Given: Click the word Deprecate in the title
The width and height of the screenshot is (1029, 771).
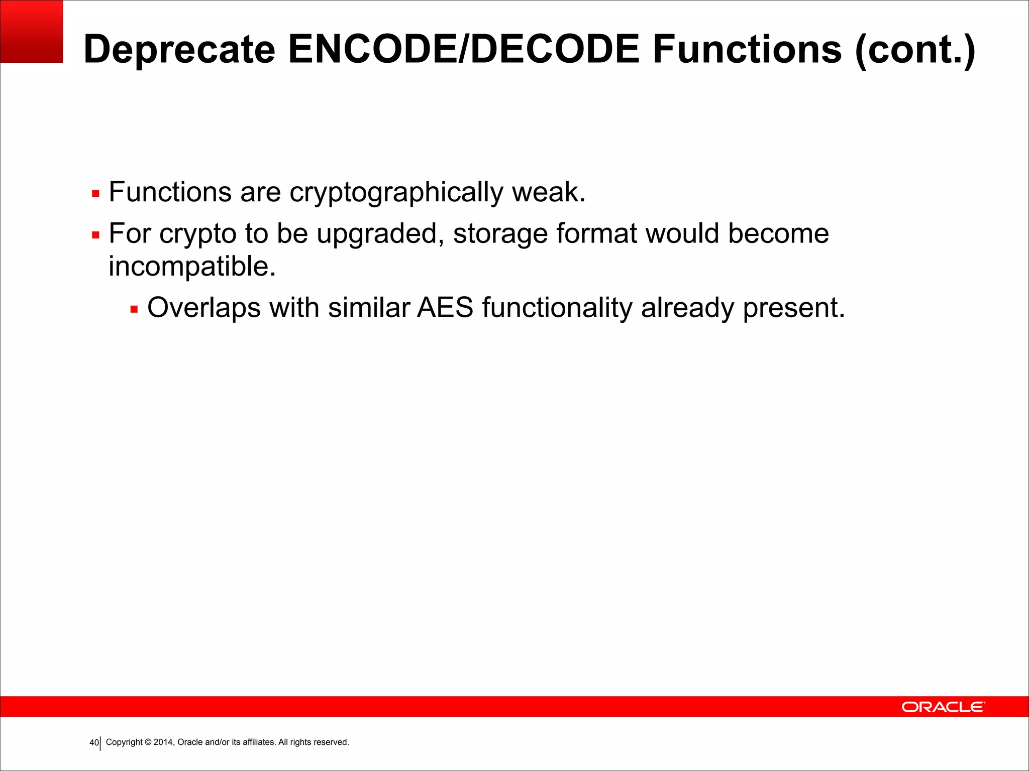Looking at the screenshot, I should (179, 50).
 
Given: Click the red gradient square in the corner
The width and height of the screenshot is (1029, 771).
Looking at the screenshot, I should (31, 31).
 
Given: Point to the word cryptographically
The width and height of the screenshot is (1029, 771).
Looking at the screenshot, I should (396, 193).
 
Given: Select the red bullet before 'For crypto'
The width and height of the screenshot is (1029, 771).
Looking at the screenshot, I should (95, 235).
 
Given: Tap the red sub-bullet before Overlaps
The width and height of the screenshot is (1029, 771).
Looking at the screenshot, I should (134, 309).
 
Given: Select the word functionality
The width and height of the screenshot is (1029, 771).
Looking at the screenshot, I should (557, 308).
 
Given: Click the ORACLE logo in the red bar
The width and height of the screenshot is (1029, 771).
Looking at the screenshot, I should (943, 707).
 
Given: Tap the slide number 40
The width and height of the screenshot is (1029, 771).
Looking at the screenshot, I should (93, 743).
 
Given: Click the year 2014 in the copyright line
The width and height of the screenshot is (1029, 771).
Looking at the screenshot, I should (163, 742).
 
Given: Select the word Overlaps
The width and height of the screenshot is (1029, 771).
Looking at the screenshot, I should (203, 308).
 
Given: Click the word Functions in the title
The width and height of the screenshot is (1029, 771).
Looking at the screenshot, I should (747, 49).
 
